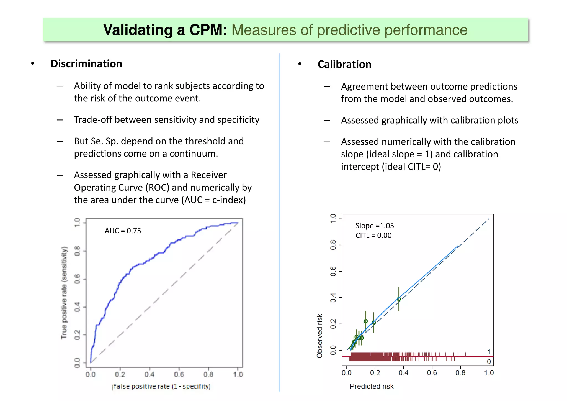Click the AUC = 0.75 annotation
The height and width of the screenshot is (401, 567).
123,231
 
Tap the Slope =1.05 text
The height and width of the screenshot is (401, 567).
374,226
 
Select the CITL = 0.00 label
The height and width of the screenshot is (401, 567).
373,236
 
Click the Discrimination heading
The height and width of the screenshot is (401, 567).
86,64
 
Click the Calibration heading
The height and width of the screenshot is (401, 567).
344,64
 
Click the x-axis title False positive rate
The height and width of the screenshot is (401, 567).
161,386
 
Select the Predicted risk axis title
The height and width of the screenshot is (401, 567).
372,386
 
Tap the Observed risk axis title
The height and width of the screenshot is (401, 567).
319,336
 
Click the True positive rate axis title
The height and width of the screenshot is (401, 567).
64,292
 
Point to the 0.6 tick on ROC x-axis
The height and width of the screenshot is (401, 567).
179,375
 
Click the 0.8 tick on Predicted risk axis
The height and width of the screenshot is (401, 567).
460,373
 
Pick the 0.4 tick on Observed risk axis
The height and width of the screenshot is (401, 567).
333,298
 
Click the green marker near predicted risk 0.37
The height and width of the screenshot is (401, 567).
399,299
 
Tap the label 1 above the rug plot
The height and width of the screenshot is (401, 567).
489,352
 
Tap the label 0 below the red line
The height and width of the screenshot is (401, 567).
489,362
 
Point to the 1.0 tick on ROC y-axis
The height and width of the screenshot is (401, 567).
77,222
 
